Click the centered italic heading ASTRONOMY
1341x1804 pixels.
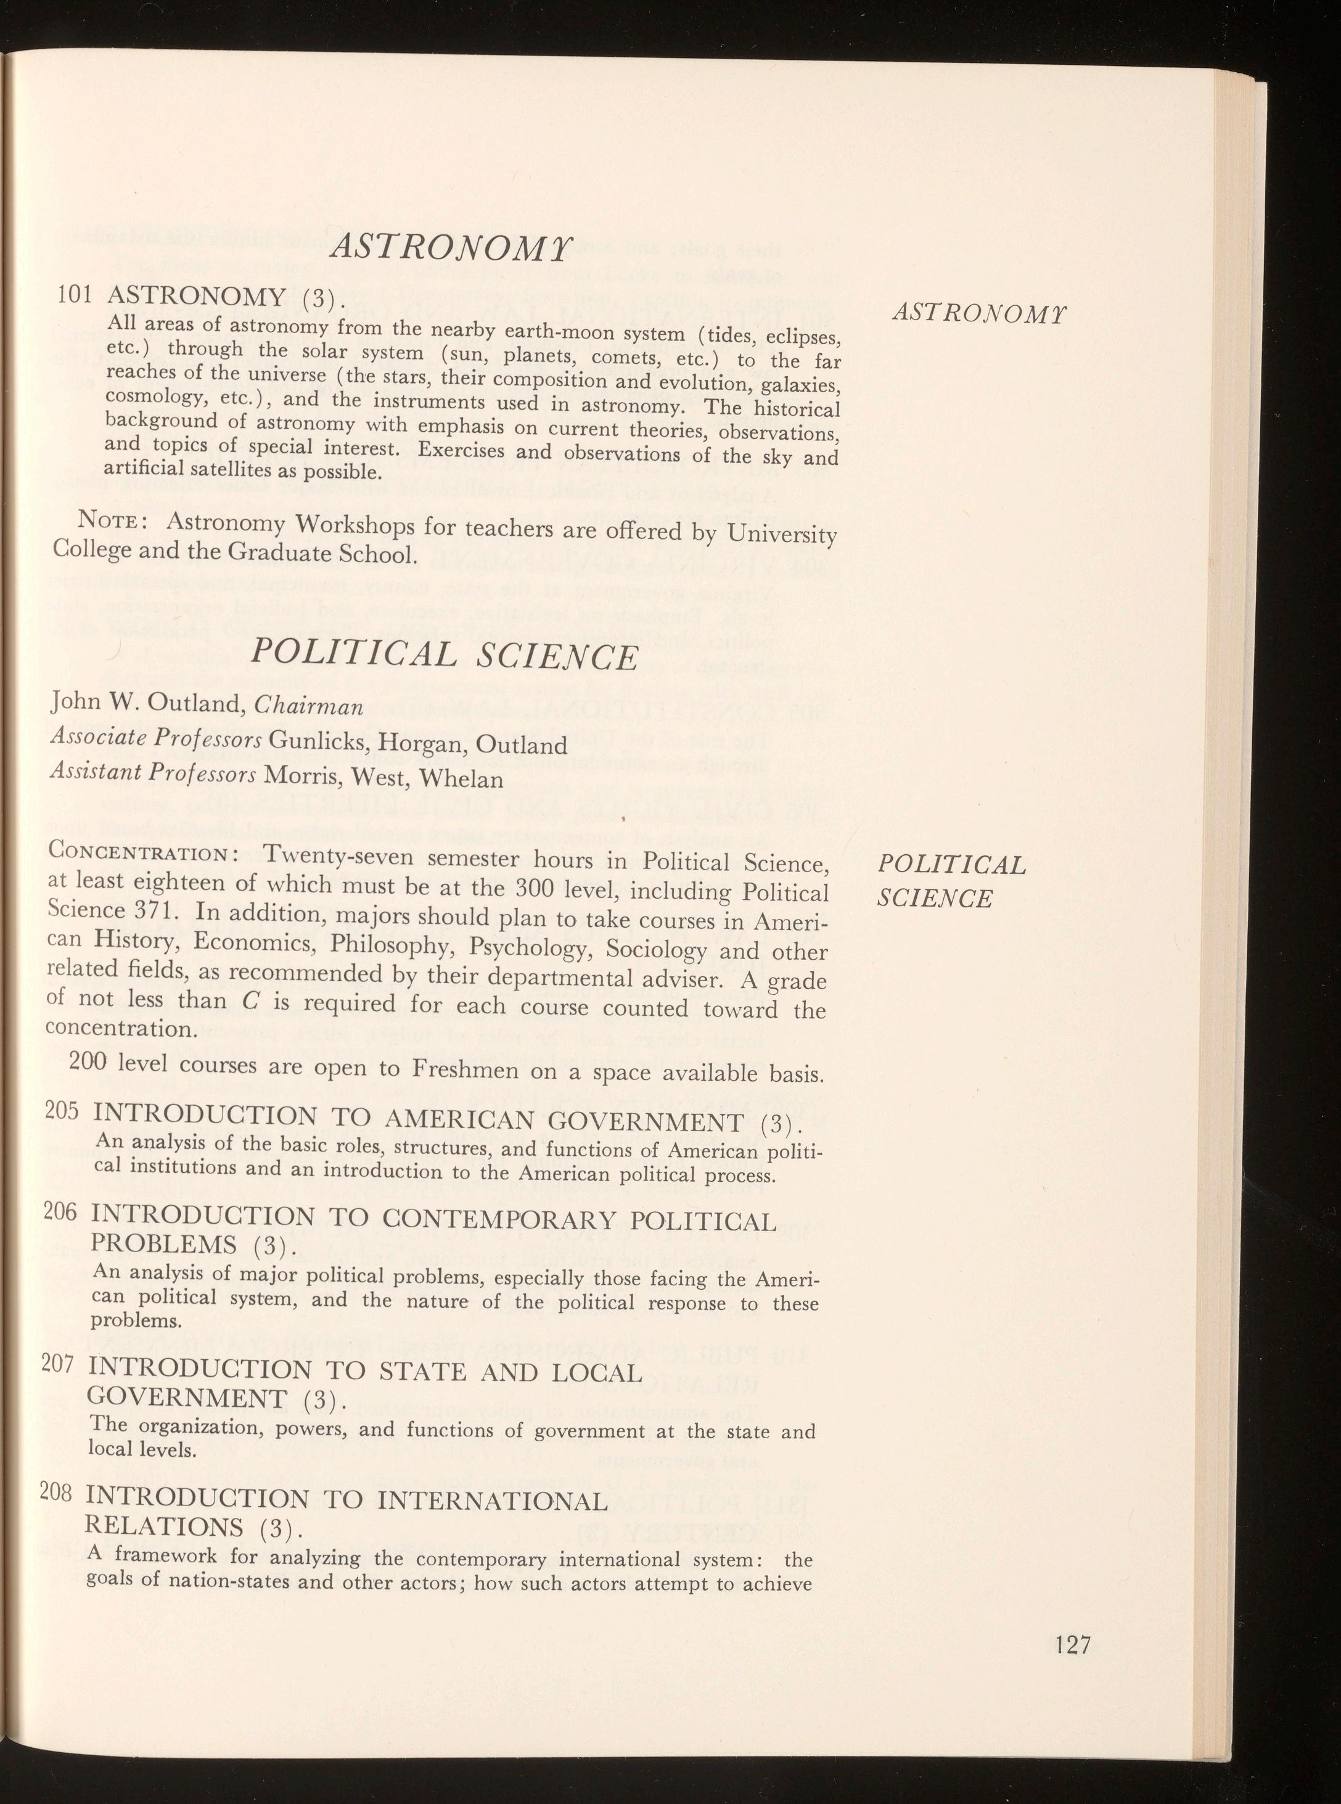[451, 247]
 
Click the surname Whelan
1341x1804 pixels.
[464, 780]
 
